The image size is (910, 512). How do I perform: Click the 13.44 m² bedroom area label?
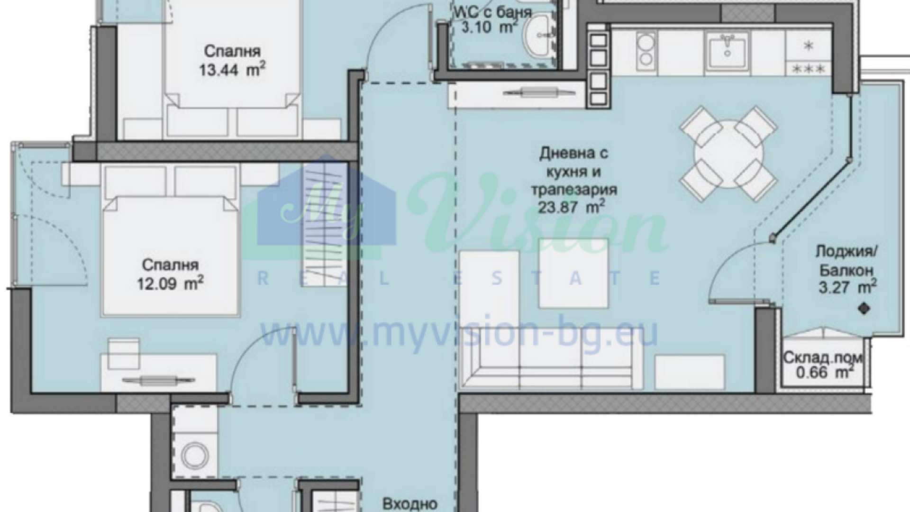point(232,70)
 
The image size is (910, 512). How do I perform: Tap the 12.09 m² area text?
point(170,283)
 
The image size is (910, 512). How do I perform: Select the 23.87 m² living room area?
point(571,207)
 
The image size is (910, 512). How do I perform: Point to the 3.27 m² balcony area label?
point(847,287)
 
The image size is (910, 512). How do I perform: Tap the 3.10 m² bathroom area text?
point(490,27)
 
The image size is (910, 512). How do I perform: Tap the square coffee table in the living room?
point(573,273)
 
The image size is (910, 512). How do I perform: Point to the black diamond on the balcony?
point(864,309)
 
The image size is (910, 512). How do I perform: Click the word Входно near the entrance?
point(409,503)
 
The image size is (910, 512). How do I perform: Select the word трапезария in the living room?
point(574,190)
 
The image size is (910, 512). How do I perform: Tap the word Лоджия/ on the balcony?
point(847,251)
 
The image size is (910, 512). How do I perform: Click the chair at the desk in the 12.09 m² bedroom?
point(123,354)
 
